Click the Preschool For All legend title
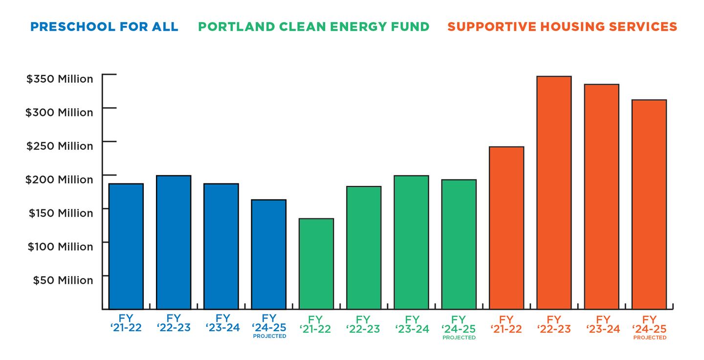coord(104,26)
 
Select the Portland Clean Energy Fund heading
coord(313,26)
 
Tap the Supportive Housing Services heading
coord(562,26)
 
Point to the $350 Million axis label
coord(60,79)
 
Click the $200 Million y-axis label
coord(59,180)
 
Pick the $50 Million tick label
coord(63,280)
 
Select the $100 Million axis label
coord(60,247)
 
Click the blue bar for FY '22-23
coord(174,242)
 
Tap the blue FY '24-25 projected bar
coord(269,254)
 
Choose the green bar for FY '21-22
coord(316,264)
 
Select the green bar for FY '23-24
coord(411,242)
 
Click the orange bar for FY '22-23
coord(554,193)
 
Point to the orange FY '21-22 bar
coord(506,228)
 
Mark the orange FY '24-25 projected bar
coord(649,204)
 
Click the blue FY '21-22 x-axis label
coord(126,324)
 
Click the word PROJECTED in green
coord(459,337)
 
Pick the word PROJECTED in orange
coord(649,337)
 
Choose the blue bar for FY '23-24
coord(221,247)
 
